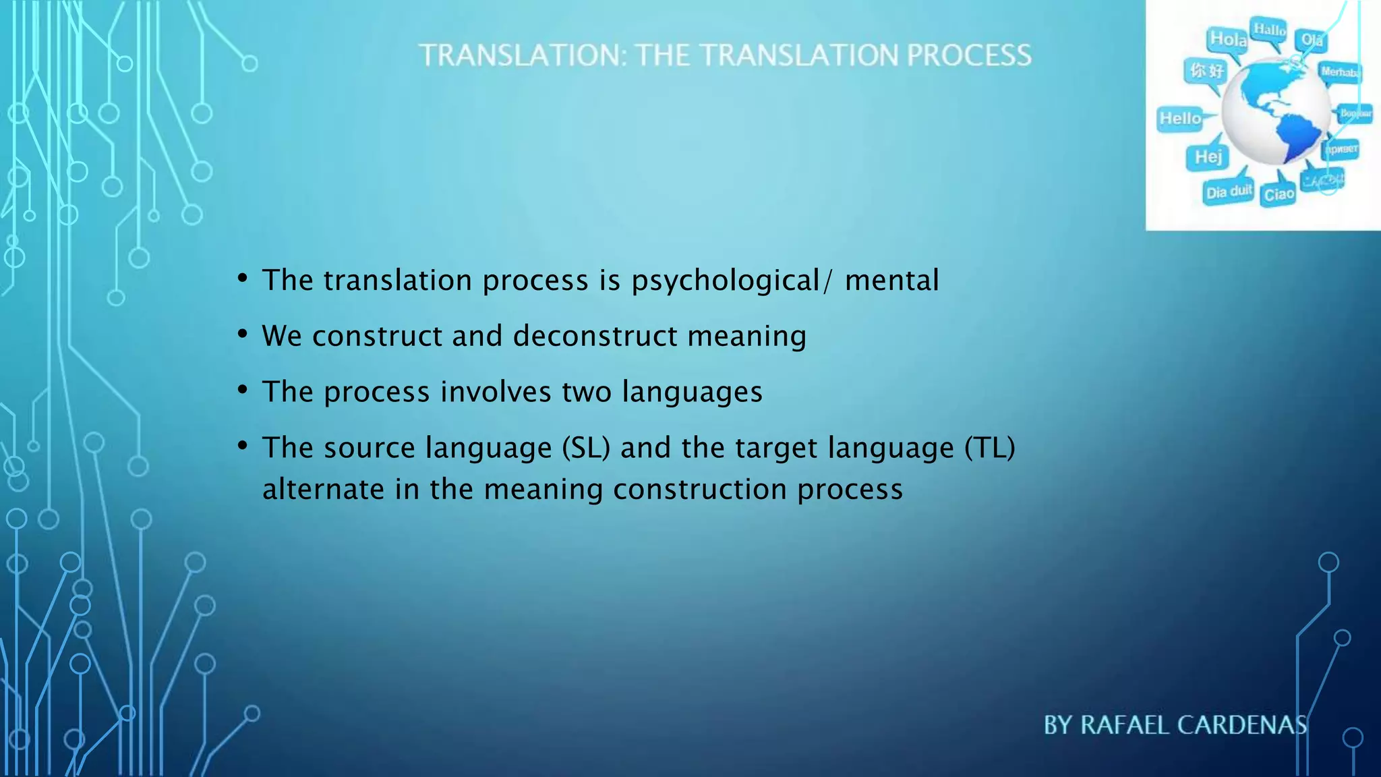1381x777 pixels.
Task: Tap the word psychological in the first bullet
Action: coord(725,281)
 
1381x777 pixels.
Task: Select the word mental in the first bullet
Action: coord(891,281)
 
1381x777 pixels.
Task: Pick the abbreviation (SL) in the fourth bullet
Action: coord(586,448)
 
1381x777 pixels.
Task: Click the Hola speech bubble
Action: coord(1228,40)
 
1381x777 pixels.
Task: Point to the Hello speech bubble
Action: coord(1180,119)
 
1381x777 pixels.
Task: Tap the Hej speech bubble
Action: coord(1208,157)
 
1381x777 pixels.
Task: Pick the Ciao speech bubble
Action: coord(1279,195)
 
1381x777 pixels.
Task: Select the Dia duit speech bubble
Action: coord(1229,192)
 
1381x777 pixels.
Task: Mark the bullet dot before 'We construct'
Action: coord(243,333)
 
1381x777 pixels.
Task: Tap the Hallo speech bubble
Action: coord(1269,30)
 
